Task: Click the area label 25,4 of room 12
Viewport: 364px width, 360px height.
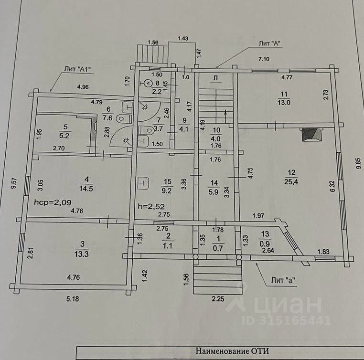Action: (x=289, y=181)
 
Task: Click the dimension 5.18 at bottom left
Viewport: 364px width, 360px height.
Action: (x=73, y=299)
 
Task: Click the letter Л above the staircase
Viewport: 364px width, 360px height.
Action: (x=215, y=78)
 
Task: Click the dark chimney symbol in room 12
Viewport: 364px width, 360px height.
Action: (x=310, y=135)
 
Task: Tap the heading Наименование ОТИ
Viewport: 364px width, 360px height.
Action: (x=233, y=352)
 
